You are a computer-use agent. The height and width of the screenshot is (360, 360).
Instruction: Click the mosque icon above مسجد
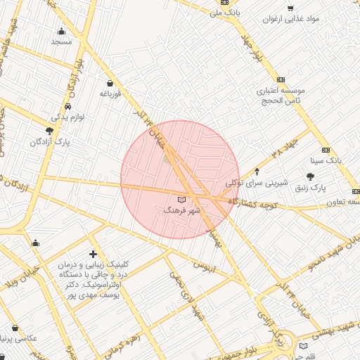click(62, 31)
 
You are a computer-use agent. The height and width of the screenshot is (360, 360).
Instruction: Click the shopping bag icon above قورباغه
click(110, 83)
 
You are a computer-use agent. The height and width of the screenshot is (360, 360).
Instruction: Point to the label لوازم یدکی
click(67, 117)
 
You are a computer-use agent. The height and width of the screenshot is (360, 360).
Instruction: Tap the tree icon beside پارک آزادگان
click(49, 131)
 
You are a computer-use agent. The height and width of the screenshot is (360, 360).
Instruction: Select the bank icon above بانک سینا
click(326, 150)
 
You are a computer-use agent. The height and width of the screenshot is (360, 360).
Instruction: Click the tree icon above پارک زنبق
click(311, 177)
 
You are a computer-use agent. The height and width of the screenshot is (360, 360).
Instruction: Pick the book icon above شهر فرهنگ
click(182, 200)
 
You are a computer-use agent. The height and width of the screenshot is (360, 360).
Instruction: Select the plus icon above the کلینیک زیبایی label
click(93, 254)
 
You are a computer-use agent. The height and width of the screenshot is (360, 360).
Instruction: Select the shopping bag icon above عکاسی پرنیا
click(15, 327)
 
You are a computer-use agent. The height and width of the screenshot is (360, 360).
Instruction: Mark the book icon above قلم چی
click(303, 345)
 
